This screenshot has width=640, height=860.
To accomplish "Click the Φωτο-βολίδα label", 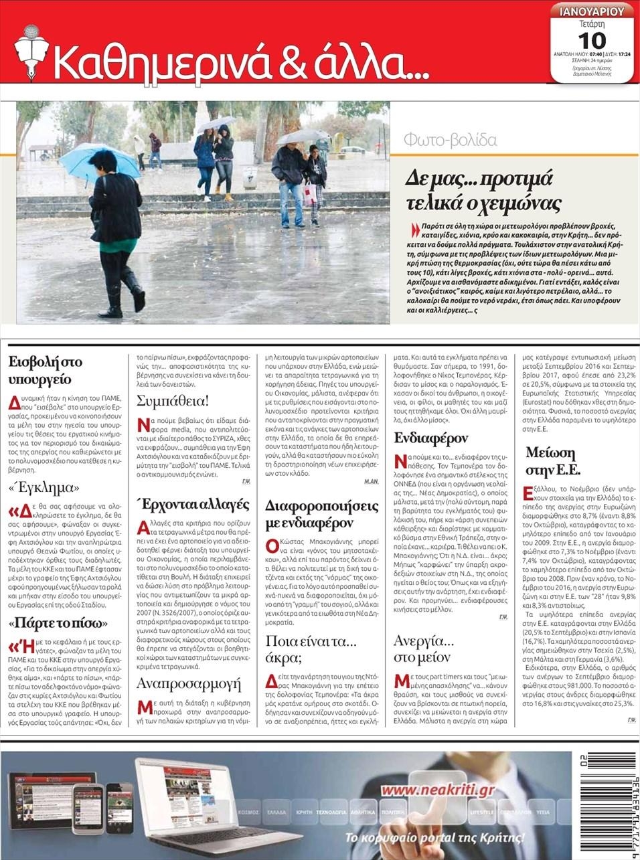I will (450, 141).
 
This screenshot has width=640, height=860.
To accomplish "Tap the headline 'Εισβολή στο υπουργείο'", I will (46, 371).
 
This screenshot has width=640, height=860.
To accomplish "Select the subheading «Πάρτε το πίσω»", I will (54, 623).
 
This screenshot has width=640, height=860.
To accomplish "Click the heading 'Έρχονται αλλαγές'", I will (193, 503).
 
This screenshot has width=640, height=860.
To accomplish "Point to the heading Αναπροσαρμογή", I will (188, 683).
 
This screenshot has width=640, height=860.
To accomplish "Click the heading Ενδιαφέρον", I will (430, 438).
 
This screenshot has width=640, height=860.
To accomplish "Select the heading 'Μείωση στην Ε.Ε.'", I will (552, 460).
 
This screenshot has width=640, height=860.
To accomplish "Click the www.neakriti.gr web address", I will (437, 790).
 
